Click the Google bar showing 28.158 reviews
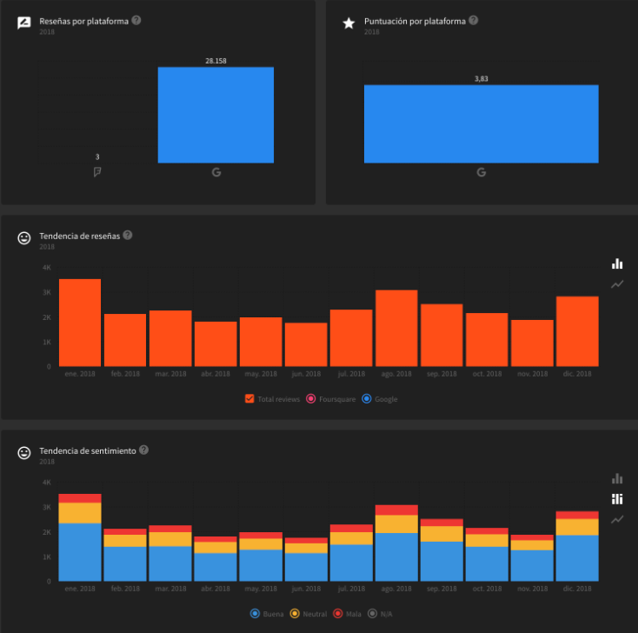pyautogui.click(x=216, y=115)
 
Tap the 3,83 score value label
pyautogui.click(x=481, y=79)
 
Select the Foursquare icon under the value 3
pyautogui.click(x=97, y=172)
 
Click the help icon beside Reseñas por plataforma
pyautogui.click(x=136, y=20)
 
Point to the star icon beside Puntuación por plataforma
pyautogui.click(x=349, y=23)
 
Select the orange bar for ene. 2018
pyautogui.click(x=80, y=323)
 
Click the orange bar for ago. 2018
pyautogui.click(x=396, y=328)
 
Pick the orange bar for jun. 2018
pyautogui.click(x=306, y=344)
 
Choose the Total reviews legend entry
pyautogui.click(x=274, y=399)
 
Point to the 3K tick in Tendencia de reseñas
pyautogui.click(x=47, y=292)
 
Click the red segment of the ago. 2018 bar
pyautogui.click(x=396, y=510)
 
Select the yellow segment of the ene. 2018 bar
pyautogui.click(x=80, y=513)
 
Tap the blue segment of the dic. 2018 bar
pyautogui.click(x=577, y=557)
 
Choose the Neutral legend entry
pyautogui.click(x=309, y=614)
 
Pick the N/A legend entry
pyautogui.click(x=381, y=614)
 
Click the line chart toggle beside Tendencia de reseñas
pyautogui.click(x=617, y=284)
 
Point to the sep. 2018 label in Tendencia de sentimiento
pyautogui.click(x=442, y=589)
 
